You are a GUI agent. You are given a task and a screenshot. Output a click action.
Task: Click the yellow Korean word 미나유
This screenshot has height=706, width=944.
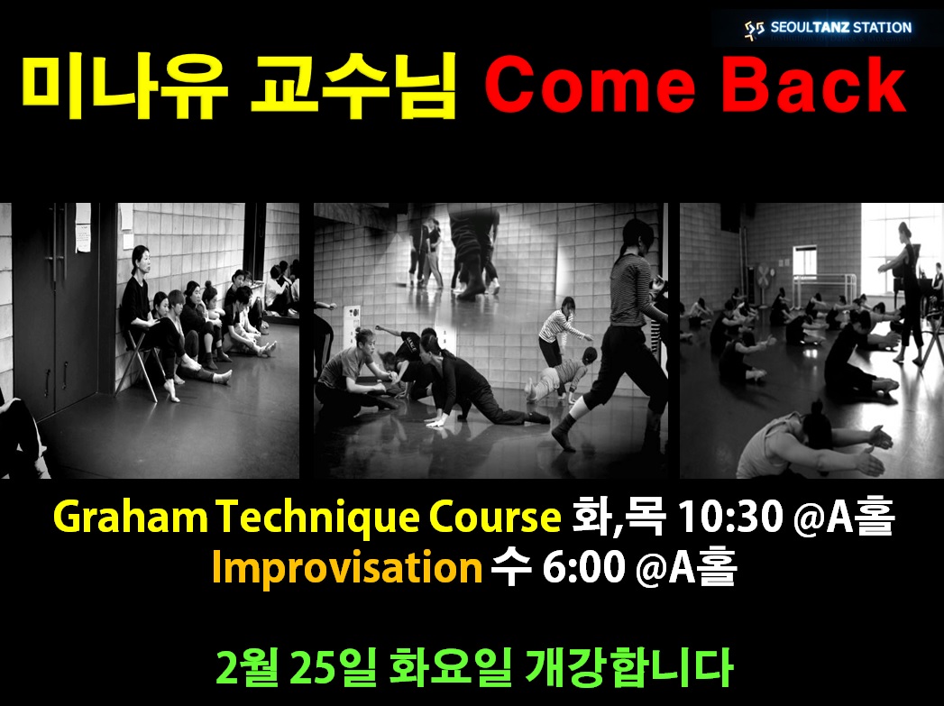[125, 87]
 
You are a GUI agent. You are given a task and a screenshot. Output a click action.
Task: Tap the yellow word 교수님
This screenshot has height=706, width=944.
[353, 87]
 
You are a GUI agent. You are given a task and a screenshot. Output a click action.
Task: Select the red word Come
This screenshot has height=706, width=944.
[590, 85]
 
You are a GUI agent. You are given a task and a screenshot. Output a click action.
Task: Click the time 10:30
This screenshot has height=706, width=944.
[730, 517]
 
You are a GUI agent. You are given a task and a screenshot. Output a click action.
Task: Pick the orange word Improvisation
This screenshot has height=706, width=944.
[347, 567]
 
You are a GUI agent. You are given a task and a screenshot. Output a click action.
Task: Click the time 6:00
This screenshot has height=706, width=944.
[583, 567]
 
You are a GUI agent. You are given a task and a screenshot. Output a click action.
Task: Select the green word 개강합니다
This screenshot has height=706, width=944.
[628, 667]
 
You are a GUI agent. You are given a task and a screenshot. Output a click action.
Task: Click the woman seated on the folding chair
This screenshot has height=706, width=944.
[151, 319]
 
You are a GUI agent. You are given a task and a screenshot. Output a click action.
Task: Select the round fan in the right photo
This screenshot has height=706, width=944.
[765, 278]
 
